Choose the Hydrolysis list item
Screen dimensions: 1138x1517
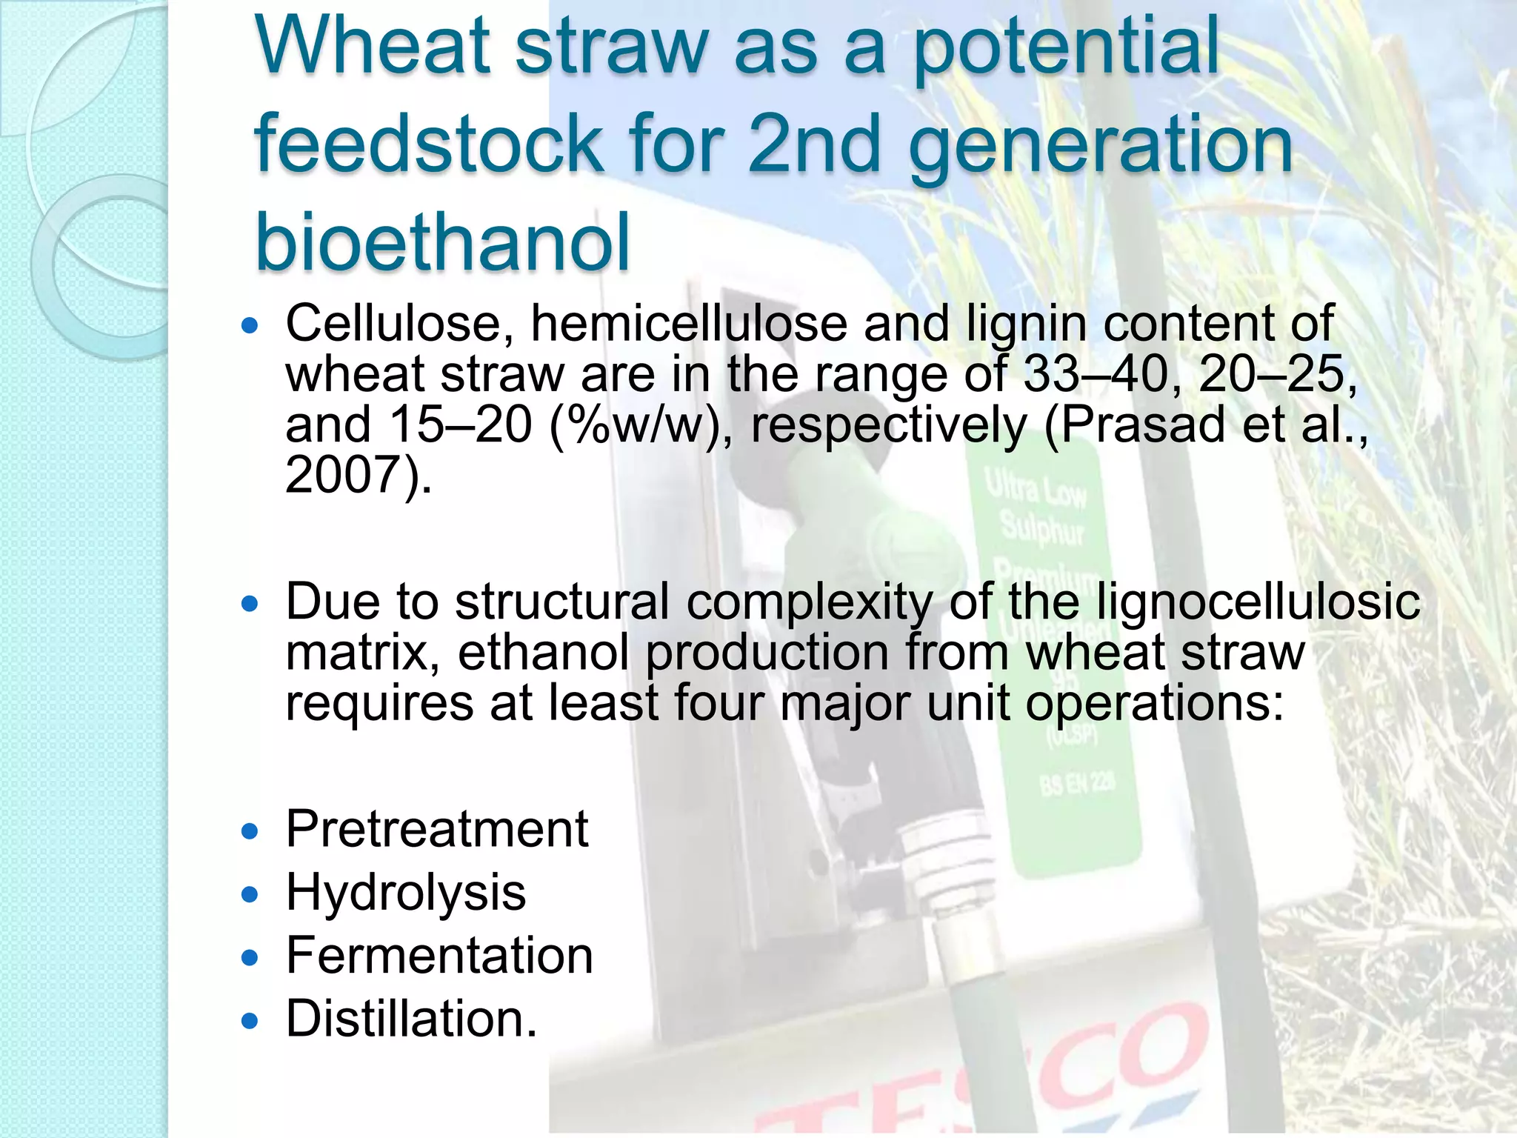pos(406,892)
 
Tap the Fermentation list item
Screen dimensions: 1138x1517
pos(439,956)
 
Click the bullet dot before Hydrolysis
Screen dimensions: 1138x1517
pos(250,894)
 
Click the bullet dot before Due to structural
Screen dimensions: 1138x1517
pos(250,604)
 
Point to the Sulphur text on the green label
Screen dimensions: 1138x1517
pos(1042,528)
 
